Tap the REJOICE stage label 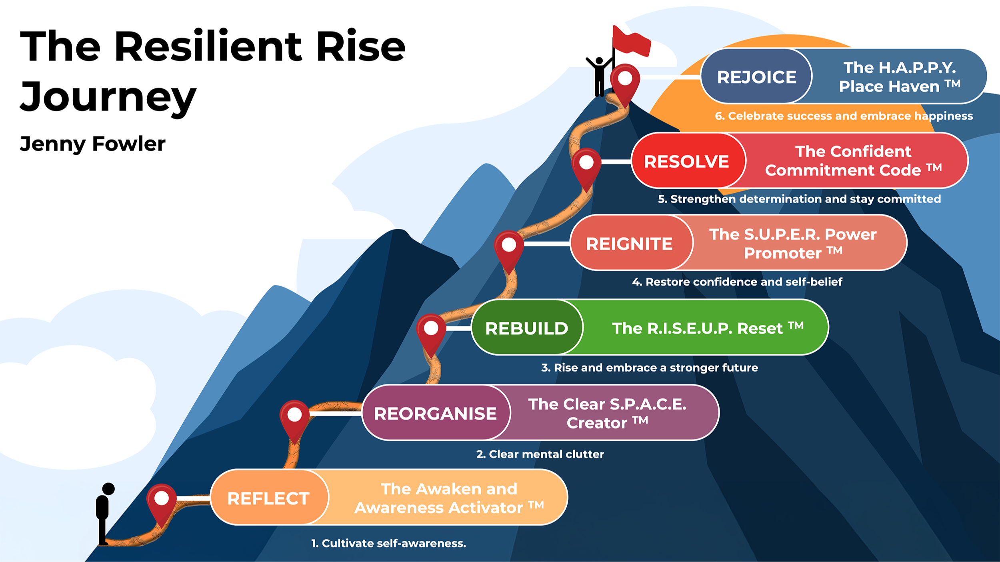[757, 77]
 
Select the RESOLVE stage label [686, 161]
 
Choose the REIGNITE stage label [629, 244]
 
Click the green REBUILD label [526, 328]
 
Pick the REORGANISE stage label [435, 414]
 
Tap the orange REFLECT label [268, 498]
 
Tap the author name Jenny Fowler [92, 144]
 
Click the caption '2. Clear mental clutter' [540, 454]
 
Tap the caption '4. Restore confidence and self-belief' [737, 282]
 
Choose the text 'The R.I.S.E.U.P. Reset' [697, 328]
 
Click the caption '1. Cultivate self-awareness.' [388, 543]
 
